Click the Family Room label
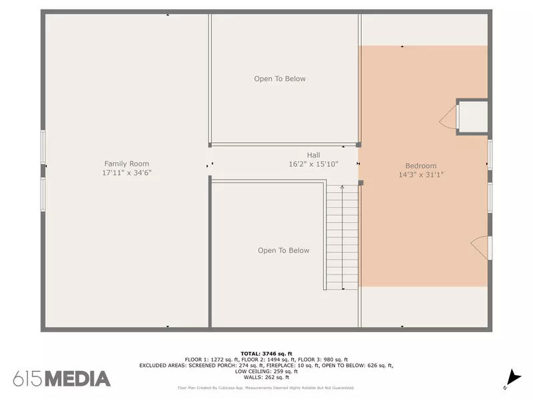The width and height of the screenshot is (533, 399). (x=127, y=164)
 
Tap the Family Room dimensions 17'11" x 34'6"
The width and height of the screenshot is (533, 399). (x=127, y=173)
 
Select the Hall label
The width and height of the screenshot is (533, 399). (x=313, y=155)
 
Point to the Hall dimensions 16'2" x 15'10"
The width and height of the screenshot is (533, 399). (x=313, y=164)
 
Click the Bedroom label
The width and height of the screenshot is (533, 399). (x=421, y=166)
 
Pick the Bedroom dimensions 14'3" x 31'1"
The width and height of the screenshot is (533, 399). (x=421, y=175)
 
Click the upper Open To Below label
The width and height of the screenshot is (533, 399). (x=280, y=78)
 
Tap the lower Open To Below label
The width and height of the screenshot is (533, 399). (x=284, y=251)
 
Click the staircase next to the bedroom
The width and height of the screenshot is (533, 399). (x=342, y=237)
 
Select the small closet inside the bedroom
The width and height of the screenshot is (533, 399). (x=472, y=117)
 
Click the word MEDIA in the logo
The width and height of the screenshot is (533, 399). (x=78, y=379)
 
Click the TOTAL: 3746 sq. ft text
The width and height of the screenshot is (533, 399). (x=266, y=354)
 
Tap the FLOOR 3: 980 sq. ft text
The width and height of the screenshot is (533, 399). (x=323, y=360)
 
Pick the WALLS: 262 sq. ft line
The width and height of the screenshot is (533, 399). (x=266, y=377)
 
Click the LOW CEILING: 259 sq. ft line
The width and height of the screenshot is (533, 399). (x=266, y=372)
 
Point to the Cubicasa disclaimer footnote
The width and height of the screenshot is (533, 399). (x=266, y=388)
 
